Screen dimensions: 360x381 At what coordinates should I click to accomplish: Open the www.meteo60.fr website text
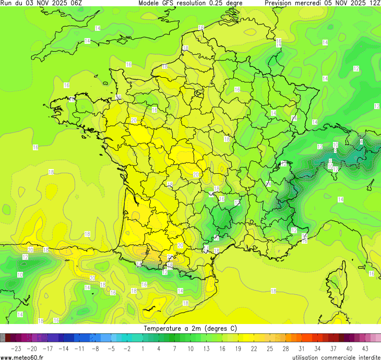(22, 357)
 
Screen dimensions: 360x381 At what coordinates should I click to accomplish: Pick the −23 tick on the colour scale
(16, 349)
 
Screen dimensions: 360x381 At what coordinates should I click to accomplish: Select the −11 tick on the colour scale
(79, 349)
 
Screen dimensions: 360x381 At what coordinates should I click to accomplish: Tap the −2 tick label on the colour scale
(127, 349)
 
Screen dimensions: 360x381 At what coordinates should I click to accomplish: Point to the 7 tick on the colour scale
(174, 349)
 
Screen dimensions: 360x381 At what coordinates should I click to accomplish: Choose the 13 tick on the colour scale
(206, 349)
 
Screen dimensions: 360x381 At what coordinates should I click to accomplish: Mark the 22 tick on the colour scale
(254, 349)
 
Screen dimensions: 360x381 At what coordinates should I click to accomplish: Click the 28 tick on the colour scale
(285, 349)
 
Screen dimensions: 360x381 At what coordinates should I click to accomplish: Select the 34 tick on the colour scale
(317, 349)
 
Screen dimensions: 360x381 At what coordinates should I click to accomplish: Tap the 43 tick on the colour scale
(365, 349)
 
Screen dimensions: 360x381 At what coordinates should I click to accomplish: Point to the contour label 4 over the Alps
(361, 141)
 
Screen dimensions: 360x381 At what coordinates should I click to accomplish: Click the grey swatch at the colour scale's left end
(3, 338)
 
